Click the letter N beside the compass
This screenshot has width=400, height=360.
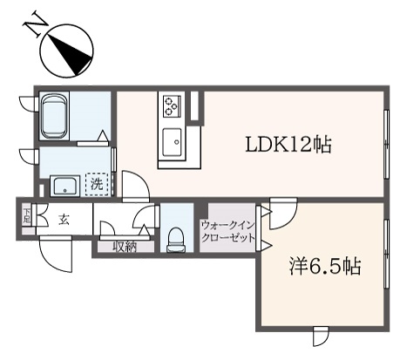(x=35, y=24)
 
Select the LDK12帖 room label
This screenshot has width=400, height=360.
(x=288, y=145)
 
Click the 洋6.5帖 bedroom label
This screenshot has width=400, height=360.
(x=325, y=267)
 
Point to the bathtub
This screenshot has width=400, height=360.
(x=54, y=116)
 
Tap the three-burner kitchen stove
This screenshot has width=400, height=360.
(x=172, y=106)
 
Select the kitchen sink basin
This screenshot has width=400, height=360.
(x=172, y=142)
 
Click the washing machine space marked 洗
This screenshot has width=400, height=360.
(x=97, y=184)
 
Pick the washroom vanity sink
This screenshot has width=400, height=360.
(x=65, y=186)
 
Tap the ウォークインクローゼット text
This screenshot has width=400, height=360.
(x=228, y=232)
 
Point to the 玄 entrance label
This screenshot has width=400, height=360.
(x=64, y=220)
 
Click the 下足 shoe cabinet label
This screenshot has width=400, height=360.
(x=27, y=215)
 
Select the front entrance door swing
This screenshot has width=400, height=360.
(x=56, y=254)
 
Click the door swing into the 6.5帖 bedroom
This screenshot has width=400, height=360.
(x=283, y=214)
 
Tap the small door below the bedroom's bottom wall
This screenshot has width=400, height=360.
(x=321, y=336)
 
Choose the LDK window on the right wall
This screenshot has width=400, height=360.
(x=386, y=144)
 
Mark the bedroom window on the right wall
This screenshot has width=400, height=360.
(x=386, y=254)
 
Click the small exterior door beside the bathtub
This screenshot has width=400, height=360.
(x=28, y=104)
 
